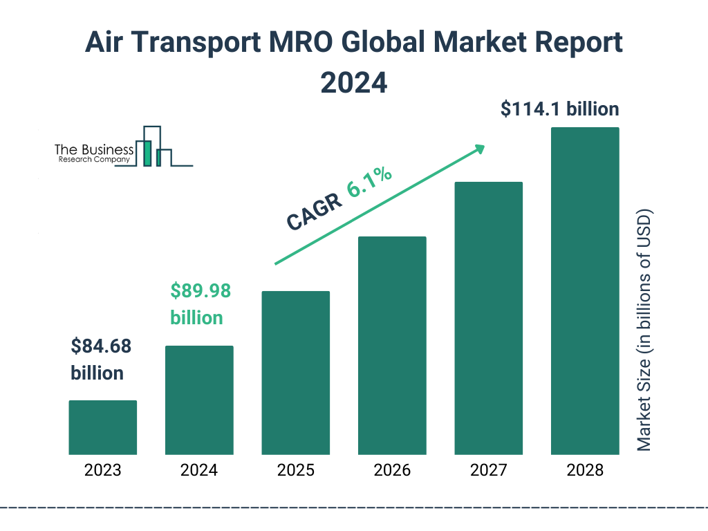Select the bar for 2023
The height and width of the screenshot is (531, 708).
point(102,427)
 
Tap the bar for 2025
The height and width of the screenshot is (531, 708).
point(295,373)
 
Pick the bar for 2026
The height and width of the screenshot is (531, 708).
point(392,346)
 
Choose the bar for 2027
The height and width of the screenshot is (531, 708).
point(488,318)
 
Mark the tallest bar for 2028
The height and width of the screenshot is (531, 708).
point(585,291)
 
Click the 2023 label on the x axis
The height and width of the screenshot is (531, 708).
point(102,471)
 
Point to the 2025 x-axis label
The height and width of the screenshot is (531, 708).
point(295,471)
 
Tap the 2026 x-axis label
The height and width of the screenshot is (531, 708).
point(392,471)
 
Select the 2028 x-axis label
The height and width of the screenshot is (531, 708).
point(585,471)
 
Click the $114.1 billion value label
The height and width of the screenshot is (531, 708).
point(560,109)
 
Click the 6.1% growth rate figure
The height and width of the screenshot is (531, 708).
point(370,183)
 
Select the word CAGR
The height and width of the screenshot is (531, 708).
point(314,212)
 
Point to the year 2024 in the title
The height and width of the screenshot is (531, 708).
point(353,82)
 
